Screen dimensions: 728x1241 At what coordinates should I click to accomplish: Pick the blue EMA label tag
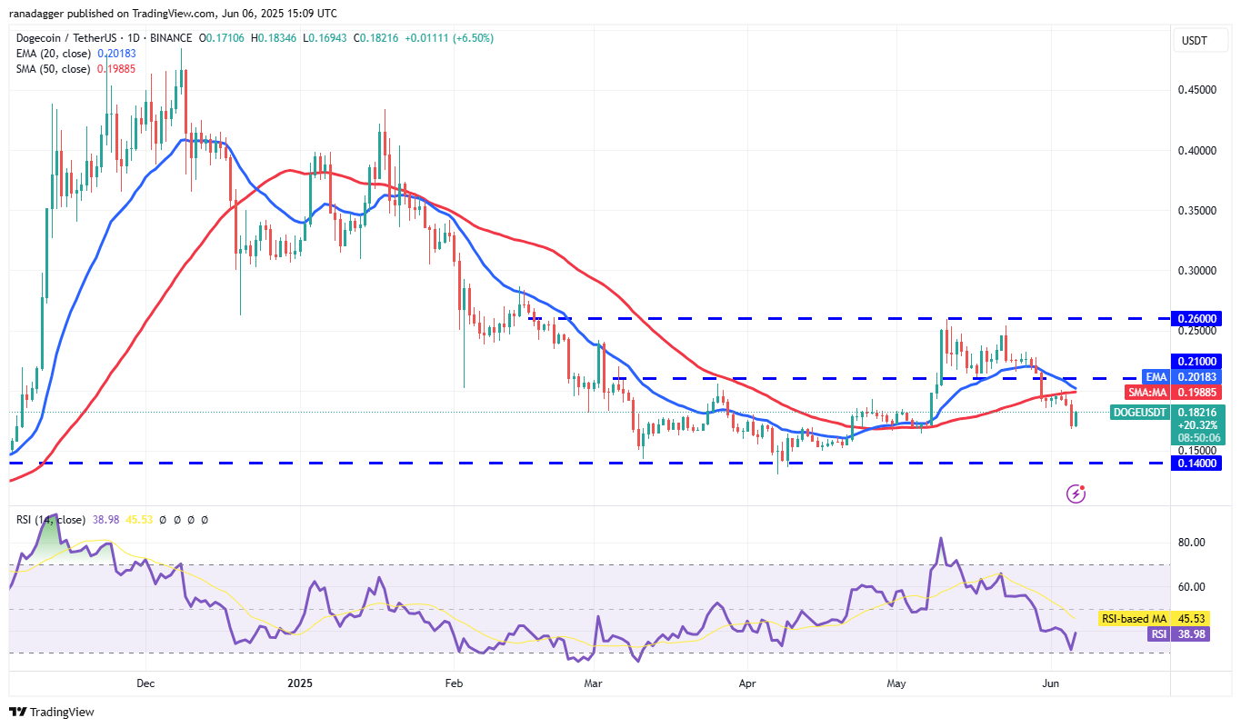1155,377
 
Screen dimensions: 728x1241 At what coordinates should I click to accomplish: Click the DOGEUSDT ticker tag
1140,413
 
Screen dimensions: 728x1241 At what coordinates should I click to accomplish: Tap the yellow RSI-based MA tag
1133,618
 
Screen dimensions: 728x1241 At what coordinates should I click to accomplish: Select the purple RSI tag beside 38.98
1157,634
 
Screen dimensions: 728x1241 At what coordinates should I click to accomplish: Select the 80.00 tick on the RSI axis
1192,543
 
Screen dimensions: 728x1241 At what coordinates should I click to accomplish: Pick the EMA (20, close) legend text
54,54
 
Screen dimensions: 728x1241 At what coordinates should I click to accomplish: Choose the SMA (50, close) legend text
54,69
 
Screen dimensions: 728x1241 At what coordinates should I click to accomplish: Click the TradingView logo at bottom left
52,712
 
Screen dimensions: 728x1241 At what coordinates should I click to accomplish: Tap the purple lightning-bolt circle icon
1076,494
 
